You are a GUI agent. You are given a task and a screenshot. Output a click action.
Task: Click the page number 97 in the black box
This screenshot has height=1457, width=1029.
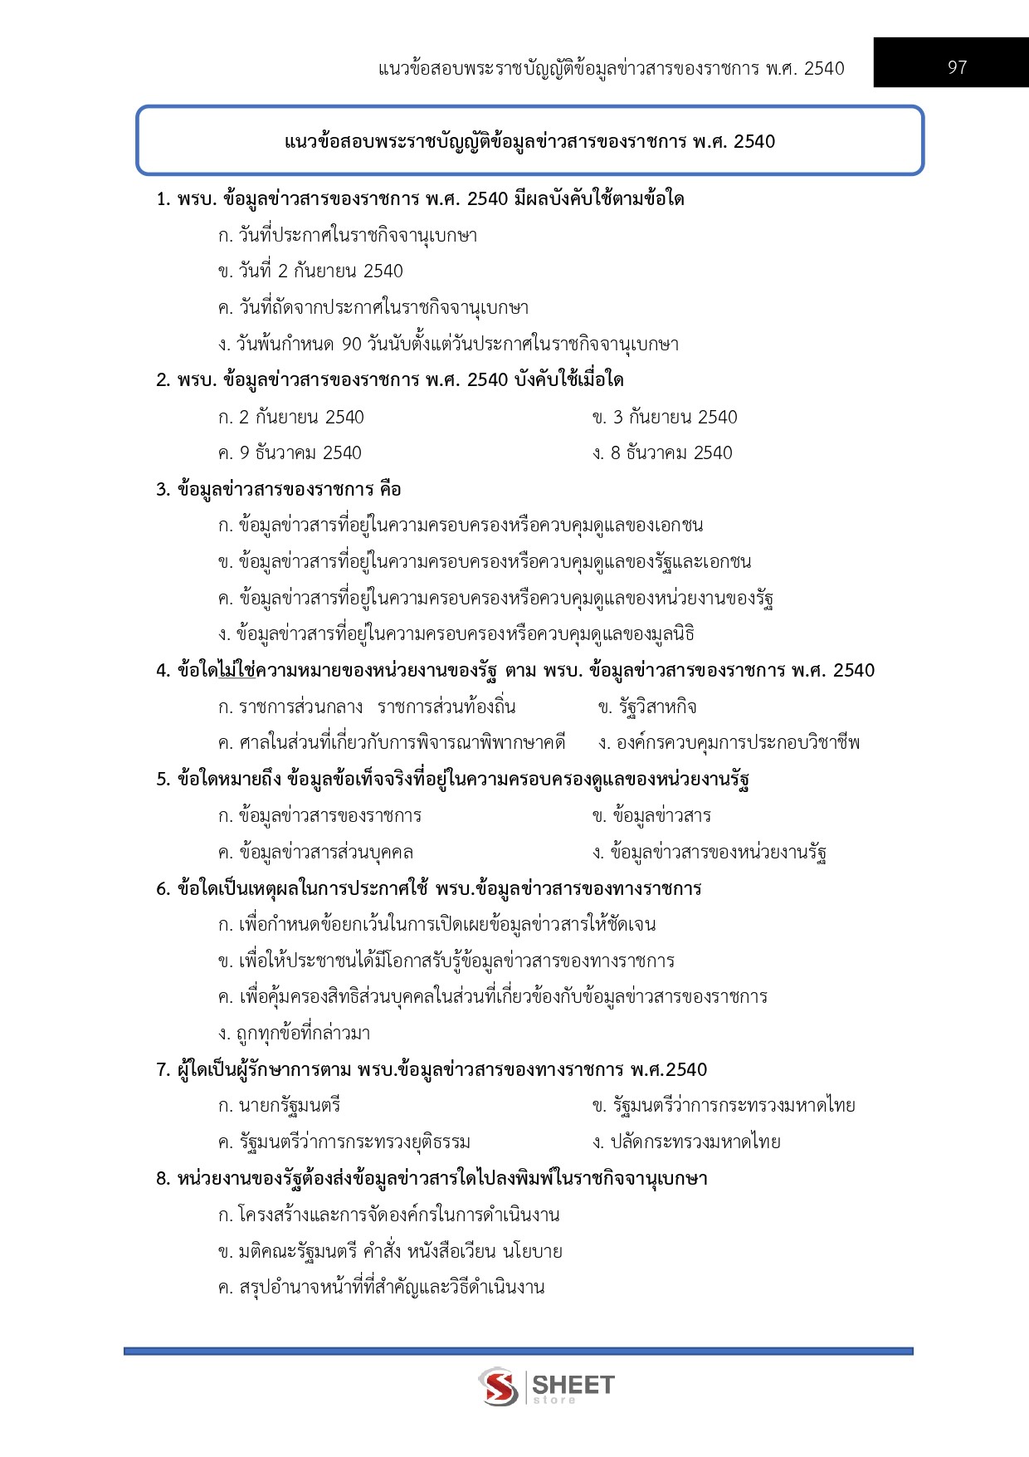[957, 67]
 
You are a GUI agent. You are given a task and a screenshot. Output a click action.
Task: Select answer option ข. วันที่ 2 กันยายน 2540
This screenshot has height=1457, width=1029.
[310, 271]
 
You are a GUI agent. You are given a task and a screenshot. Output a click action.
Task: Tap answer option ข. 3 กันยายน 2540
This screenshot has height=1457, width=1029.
[665, 417]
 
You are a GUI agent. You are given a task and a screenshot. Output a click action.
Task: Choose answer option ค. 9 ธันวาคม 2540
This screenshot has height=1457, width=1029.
[290, 453]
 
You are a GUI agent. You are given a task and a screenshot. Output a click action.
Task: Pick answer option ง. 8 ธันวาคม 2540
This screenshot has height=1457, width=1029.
[662, 453]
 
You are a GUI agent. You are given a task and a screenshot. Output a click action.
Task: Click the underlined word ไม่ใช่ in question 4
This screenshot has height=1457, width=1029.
[237, 671]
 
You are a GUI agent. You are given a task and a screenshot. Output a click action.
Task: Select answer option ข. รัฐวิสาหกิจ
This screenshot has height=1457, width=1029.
[647, 707]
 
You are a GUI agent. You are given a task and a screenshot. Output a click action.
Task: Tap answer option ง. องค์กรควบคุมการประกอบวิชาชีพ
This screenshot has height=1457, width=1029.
[729, 743]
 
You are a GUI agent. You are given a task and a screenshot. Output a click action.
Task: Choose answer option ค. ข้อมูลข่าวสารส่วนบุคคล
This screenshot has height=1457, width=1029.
[315, 853]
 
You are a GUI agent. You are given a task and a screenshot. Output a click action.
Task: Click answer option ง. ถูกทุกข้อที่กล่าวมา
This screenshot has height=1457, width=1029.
[295, 1034]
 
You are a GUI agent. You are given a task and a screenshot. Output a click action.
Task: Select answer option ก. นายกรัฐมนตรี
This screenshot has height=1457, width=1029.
[280, 1106]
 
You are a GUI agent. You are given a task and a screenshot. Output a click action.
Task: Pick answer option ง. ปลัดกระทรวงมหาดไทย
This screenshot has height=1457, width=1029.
[686, 1142]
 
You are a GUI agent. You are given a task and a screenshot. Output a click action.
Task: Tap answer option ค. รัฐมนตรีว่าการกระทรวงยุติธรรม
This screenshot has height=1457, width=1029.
[344, 1142]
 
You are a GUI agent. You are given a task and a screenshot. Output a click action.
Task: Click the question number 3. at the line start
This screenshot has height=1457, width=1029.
[163, 490]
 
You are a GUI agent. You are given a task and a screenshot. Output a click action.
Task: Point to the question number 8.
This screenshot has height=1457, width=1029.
[163, 1179]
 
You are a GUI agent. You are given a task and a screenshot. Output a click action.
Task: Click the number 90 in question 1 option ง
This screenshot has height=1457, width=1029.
[352, 345]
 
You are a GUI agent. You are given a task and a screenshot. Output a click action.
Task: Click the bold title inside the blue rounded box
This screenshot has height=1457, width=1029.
[529, 142]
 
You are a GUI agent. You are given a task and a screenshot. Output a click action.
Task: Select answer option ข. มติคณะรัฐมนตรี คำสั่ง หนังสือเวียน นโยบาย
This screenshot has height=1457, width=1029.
[390, 1251]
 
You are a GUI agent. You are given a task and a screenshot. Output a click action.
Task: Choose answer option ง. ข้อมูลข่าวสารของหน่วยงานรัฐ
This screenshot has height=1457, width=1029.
[710, 853]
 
